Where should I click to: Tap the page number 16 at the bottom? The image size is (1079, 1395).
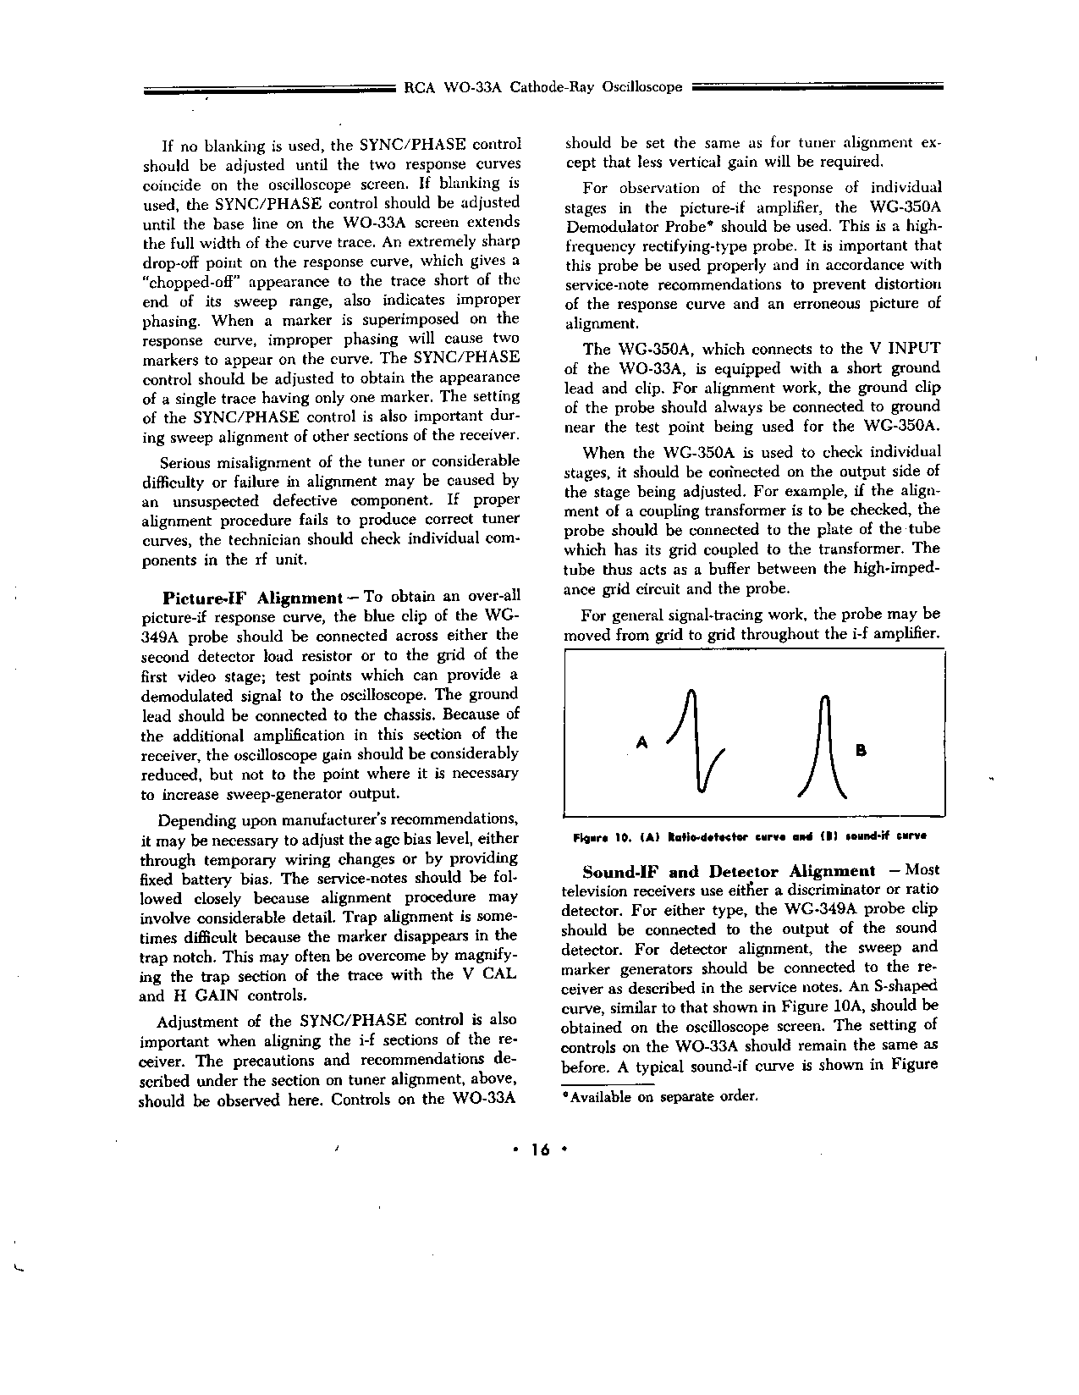(539, 1149)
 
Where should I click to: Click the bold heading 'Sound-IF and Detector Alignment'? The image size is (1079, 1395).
(729, 871)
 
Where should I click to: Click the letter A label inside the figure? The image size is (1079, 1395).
(641, 742)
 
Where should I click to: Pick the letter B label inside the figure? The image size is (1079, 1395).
(862, 750)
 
